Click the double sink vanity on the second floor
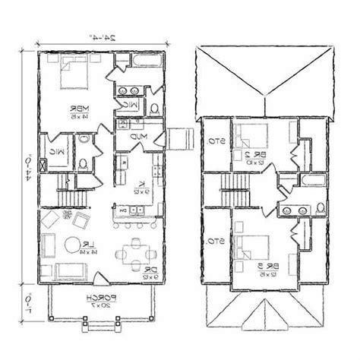click(x=295, y=209)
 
